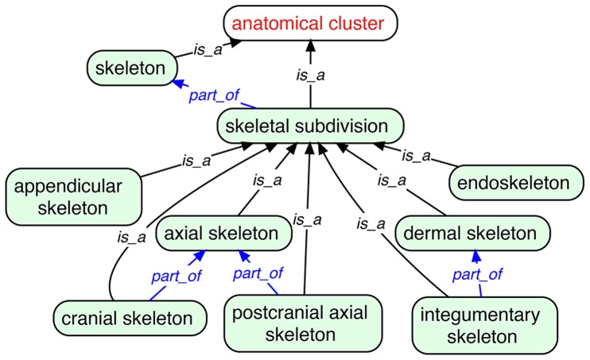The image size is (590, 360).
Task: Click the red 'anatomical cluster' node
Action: (x=309, y=24)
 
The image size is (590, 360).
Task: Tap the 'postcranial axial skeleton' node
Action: (x=305, y=323)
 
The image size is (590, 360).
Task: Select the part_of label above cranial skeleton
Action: (x=176, y=276)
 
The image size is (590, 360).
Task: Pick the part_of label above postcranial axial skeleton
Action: (x=258, y=273)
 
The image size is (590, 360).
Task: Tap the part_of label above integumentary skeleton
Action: (x=477, y=275)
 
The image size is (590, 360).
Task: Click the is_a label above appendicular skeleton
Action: (x=196, y=161)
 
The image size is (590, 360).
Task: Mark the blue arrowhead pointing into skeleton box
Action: (x=178, y=83)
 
